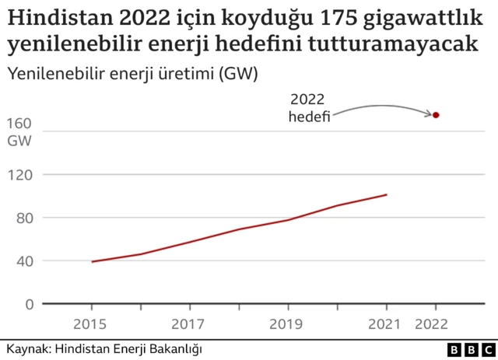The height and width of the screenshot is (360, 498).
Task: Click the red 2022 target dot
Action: pyautogui.click(x=436, y=115)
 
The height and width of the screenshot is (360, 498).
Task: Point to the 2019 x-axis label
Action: pyautogui.click(x=289, y=323)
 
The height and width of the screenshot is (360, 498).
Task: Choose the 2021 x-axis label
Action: pyautogui.click(x=387, y=323)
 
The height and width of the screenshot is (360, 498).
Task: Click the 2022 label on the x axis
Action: pyautogui.click(x=436, y=323)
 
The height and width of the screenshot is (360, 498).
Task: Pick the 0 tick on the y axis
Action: pyautogui.click(x=29, y=304)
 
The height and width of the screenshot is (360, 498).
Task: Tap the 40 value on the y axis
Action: pyautogui.click(x=24, y=261)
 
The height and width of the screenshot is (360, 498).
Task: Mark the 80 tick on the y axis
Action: pyautogui.click(x=24, y=218)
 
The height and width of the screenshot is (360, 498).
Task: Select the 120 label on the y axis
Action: pyautogui.click(x=21, y=174)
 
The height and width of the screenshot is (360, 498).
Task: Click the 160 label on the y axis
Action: pyautogui.click(x=21, y=124)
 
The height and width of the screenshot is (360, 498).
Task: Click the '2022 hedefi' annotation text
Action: pyautogui.click(x=309, y=108)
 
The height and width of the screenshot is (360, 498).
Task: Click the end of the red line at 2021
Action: pyautogui.click(x=387, y=194)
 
